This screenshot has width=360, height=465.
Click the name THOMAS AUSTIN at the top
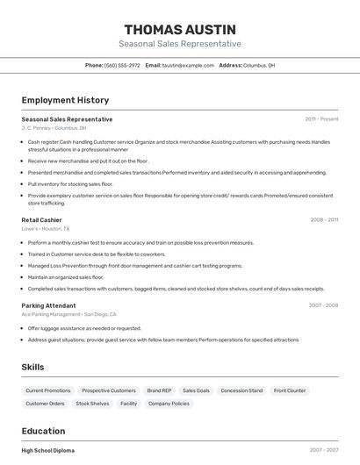point(180,30)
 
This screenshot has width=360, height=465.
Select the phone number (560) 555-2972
point(122,65)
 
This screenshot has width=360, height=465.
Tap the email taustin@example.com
point(188,65)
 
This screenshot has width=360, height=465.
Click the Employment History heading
point(65,100)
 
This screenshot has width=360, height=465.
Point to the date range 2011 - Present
point(321,118)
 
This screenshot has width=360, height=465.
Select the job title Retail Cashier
point(41,219)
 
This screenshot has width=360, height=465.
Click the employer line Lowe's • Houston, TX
point(45,228)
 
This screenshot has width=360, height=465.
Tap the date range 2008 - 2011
point(324,219)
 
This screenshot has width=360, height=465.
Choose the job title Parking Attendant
point(49,305)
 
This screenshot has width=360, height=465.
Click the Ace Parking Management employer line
point(68,314)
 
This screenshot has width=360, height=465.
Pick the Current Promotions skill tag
point(48,390)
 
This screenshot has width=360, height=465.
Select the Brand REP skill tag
point(159,390)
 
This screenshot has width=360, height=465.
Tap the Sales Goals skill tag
point(196,390)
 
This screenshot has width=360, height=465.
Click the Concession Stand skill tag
point(241,390)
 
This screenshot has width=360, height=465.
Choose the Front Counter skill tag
point(290,390)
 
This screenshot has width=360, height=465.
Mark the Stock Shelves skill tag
point(92,404)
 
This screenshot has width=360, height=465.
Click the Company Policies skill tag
point(169,404)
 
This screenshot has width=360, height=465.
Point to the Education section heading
point(43,431)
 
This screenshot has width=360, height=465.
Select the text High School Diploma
point(48,450)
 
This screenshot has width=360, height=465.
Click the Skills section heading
point(32,367)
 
